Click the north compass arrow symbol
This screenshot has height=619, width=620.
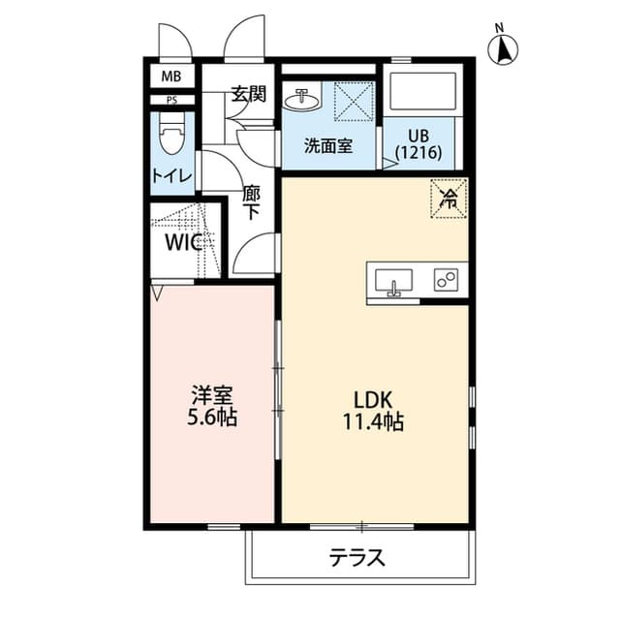click(x=504, y=47)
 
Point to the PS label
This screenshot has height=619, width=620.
click(x=171, y=100)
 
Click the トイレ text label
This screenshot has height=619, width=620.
click(x=172, y=176)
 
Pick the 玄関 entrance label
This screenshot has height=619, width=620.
click(x=248, y=95)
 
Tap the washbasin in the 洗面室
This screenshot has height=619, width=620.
click(x=303, y=99)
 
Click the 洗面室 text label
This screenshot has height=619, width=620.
click(x=327, y=146)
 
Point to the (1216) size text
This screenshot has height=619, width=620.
click(x=418, y=152)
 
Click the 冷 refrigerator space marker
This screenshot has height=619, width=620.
click(x=449, y=199)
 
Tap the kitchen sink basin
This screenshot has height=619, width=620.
click(x=393, y=282)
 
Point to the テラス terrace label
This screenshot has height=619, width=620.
click(x=357, y=558)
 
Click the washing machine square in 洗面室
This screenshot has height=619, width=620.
click(x=354, y=101)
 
